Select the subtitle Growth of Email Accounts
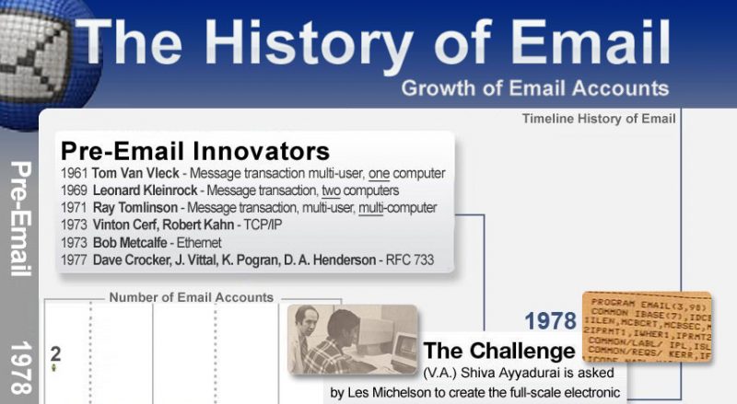point(534,88)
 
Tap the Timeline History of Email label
point(599,119)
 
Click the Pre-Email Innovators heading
point(194,150)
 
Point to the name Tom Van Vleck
point(135,174)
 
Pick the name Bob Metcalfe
point(134,243)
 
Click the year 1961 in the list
point(74,174)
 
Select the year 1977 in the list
point(74,260)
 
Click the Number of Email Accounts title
point(192,297)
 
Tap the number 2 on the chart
point(55,353)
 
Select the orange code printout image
point(659,331)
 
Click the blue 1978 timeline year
point(551,321)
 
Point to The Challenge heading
point(498,352)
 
